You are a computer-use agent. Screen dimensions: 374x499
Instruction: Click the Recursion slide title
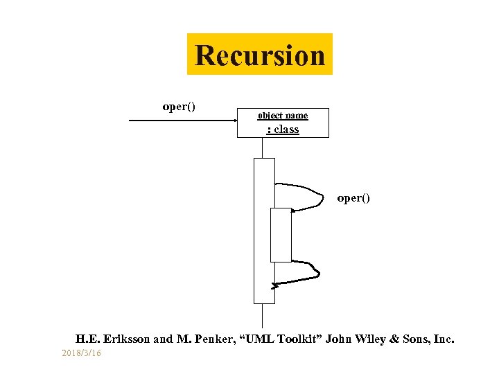pyautogui.click(x=260, y=55)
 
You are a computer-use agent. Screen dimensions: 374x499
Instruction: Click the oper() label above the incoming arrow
pyautogui.click(x=179, y=107)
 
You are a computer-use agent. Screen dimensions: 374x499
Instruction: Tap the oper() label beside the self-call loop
pyautogui.click(x=353, y=198)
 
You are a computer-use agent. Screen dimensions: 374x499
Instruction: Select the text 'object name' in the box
pyautogui.click(x=283, y=116)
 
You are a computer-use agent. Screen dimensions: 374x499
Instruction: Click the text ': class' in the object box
pyautogui.click(x=283, y=129)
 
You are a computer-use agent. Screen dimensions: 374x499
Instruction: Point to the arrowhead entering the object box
pyautogui.click(x=233, y=122)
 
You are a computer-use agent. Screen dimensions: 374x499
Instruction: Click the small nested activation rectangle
pyautogui.click(x=281, y=235)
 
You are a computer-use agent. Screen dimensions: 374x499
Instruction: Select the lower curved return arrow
pyautogui.click(x=305, y=273)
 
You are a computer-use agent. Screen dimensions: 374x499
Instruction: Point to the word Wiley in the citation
pyautogui.click(x=373, y=339)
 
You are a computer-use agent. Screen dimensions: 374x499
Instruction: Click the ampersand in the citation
pyautogui.click(x=396, y=339)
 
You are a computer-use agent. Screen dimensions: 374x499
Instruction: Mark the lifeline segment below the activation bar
pyautogui.click(x=263, y=315)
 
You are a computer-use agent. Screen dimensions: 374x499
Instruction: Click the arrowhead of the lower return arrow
pyautogui.click(x=275, y=285)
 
